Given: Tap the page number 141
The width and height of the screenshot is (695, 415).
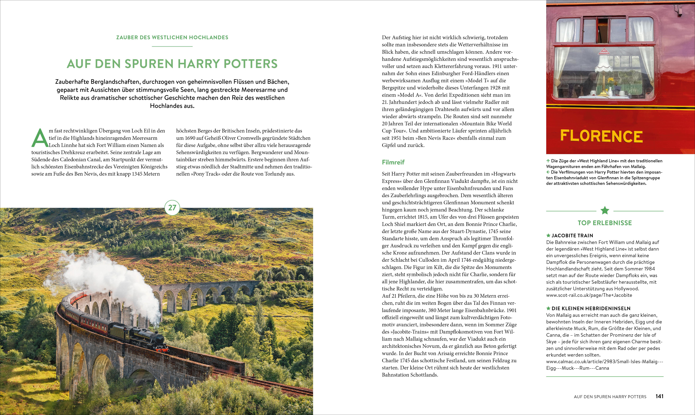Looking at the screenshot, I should pyautogui.click(x=659, y=396).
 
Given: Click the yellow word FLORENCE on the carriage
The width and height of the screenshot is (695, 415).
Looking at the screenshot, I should pyautogui.click(x=601, y=136).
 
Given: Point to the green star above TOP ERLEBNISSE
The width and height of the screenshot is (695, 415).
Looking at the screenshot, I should pyautogui.click(x=605, y=211).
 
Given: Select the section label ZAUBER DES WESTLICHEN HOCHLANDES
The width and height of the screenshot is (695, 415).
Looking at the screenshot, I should pyautogui.click(x=172, y=37).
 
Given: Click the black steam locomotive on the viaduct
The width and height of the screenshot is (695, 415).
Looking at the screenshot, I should pyautogui.click(x=145, y=339).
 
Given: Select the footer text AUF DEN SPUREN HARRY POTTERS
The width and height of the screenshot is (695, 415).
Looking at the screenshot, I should pyautogui.click(x=610, y=397).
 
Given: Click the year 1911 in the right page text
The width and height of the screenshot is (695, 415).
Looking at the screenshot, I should pyautogui.click(x=495, y=66).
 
